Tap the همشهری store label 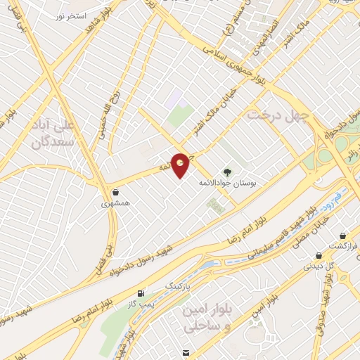pyautogui.click(x=115, y=204)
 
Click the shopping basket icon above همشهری pyautogui.click(x=115, y=192)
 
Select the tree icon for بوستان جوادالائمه pyautogui.click(x=226, y=171)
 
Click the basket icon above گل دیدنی pyautogui.click(x=319, y=255)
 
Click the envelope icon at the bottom pyautogui.click(x=185, y=352)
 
